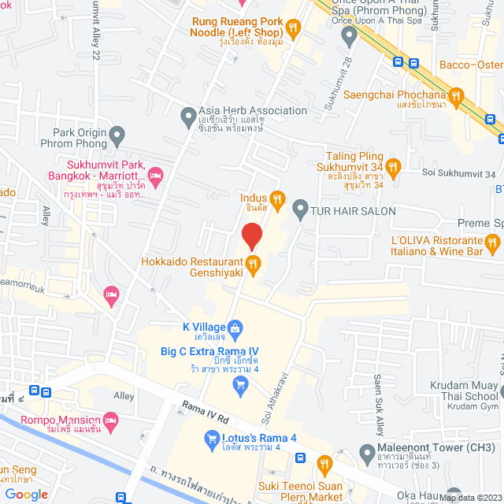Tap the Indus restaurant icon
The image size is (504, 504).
tap(276, 198)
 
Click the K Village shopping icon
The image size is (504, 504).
tap(235, 327)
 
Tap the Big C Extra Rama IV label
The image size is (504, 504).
tap(209, 351)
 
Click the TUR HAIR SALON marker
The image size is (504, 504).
tap(299, 210)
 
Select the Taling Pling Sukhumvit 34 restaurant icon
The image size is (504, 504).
tap(394, 166)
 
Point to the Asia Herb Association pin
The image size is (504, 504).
tap(188, 117)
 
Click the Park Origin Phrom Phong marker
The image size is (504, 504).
tap(117, 138)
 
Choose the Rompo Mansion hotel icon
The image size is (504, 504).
tap(110, 418)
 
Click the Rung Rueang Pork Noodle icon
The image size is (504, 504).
tap(293, 30)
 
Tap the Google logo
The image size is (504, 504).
tap(27, 495)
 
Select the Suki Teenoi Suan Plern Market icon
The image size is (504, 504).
tap(323, 463)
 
